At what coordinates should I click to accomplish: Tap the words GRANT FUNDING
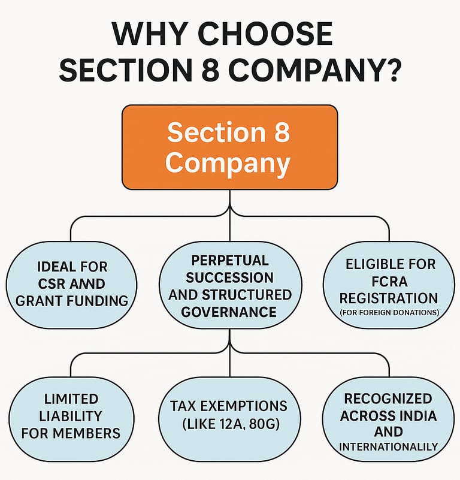tap(72, 300)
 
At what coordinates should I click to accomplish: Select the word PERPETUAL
tap(230, 261)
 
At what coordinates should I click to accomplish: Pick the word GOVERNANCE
tap(230, 312)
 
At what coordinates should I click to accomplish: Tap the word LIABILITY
tap(71, 416)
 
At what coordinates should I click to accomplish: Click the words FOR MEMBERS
tap(71, 433)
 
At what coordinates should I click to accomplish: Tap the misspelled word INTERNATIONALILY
tap(388, 446)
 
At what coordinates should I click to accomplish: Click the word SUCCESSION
tap(230, 278)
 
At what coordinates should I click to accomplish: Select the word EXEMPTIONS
tap(251, 406)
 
